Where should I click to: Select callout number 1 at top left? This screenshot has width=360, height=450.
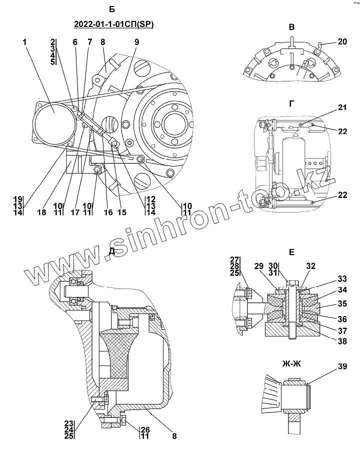click(24, 42)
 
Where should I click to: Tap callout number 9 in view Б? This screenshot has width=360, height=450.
click(136, 42)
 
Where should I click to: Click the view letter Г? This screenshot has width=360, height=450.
click(291, 103)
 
